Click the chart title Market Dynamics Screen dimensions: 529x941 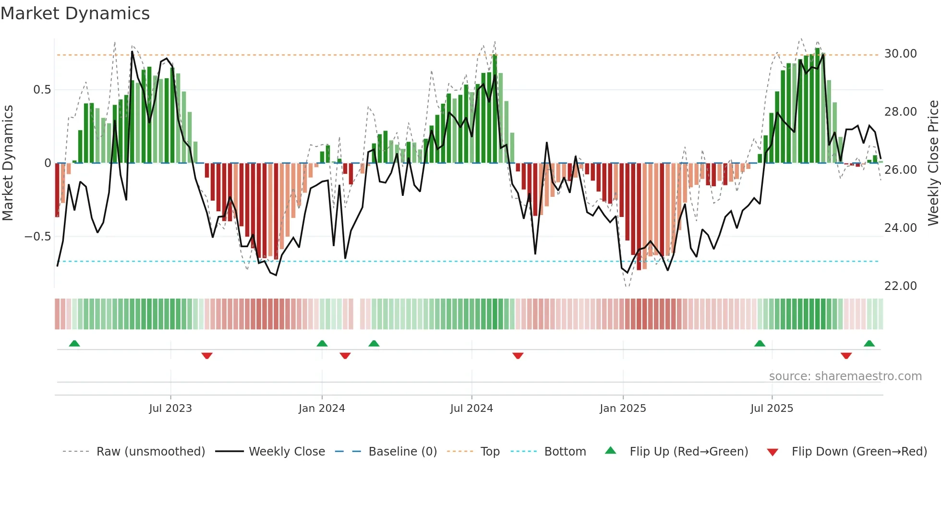[x=75, y=13]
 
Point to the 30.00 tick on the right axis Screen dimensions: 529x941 [x=900, y=54]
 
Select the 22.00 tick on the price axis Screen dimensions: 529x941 [x=900, y=286]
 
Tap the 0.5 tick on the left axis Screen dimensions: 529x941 [x=42, y=90]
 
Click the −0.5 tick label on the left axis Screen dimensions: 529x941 [x=38, y=237]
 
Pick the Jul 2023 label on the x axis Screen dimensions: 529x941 [x=170, y=409]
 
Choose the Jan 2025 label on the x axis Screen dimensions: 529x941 [x=623, y=409]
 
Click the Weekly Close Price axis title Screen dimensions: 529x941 [x=933, y=163]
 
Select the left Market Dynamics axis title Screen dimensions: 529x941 [x=8, y=163]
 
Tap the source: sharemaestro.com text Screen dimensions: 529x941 [x=845, y=376]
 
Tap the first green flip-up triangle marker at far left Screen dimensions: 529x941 [x=74, y=343]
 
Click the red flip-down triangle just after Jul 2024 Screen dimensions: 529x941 [x=518, y=356]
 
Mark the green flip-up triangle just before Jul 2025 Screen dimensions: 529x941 [x=760, y=343]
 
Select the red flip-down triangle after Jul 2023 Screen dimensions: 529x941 [x=207, y=356]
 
